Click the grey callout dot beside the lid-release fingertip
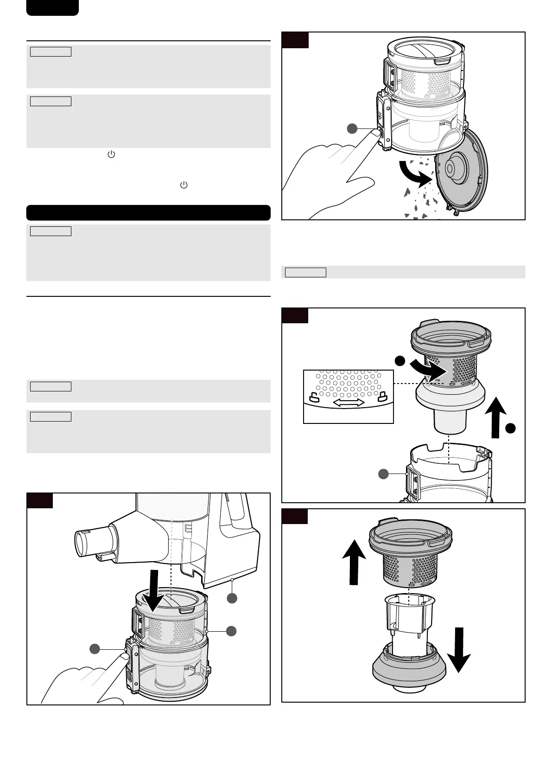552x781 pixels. coord(352,129)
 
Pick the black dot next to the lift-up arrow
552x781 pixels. coord(510,429)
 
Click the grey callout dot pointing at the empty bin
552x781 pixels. coord(383,474)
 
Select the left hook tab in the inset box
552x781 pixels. coord(313,397)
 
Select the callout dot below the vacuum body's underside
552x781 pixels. coord(232,598)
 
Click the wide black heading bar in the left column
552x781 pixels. coord(148,212)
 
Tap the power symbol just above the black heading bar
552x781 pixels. coord(184,185)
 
